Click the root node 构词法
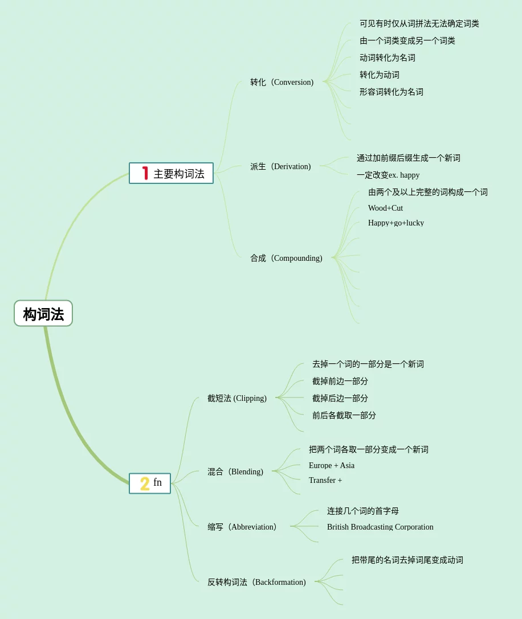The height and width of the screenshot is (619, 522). pyautogui.click(x=43, y=314)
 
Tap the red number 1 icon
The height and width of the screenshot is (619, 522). pyautogui.click(x=145, y=173)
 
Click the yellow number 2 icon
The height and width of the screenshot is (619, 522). pyautogui.click(x=145, y=483)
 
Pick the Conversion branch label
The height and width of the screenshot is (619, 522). pyautogui.click(x=282, y=82)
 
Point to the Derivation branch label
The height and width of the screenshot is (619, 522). pyautogui.click(x=280, y=166)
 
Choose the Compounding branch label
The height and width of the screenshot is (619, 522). pyautogui.click(x=286, y=258)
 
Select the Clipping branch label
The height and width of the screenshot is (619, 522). pyautogui.click(x=236, y=398)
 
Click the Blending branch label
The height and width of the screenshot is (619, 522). pyautogui.click(x=235, y=472)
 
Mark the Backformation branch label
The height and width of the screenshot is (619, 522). pyautogui.click(x=256, y=582)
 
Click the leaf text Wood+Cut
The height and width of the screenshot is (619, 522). pyautogui.click(x=385, y=208)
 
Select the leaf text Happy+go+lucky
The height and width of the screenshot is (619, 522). pyautogui.click(x=396, y=223)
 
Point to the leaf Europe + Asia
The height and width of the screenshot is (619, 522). pyautogui.click(x=332, y=465)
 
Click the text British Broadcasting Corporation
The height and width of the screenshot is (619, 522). pyautogui.click(x=380, y=527)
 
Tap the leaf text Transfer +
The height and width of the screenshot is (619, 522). pyautogui.click(x=325, y=480)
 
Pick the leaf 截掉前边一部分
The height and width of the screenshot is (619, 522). pyautogui.click(x=340, y=381)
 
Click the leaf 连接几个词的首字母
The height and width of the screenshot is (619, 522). pyautogui.click(x=363, y=511)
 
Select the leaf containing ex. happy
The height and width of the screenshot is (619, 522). pyautogui.click(x=388, y=175)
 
